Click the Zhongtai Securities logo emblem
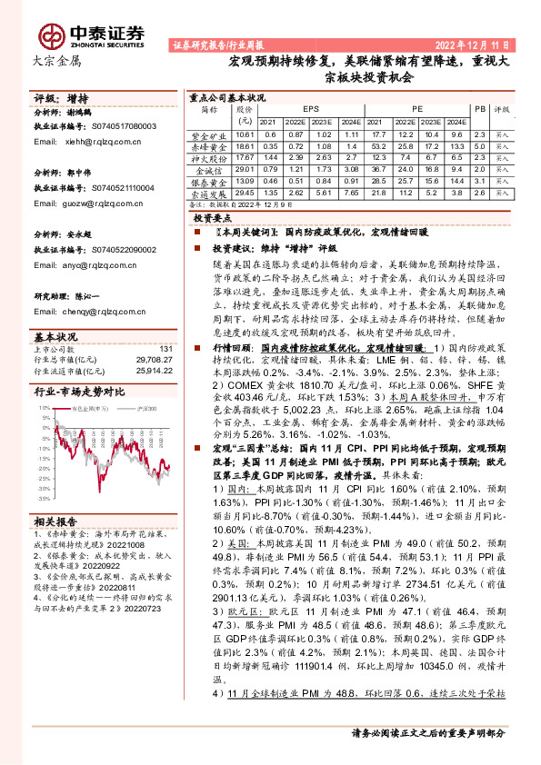click(x=53, y=35)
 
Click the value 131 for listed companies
click(x=165, y=349)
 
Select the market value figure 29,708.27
click(x=154, y=360)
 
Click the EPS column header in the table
click(x=311, y=107)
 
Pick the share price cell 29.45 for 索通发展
click(x=244, y=193)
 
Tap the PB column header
click(x=480, y=107)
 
